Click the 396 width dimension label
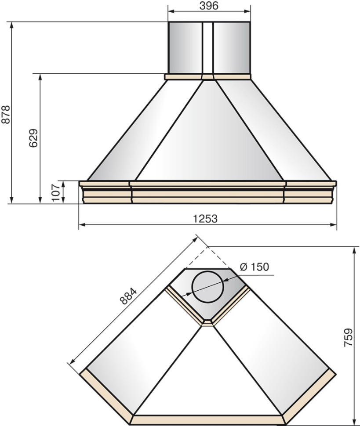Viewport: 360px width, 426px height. (x=209, y=5)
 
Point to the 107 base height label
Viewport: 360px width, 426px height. (x=56, y=193)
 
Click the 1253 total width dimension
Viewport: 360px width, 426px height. (x=205, y=218)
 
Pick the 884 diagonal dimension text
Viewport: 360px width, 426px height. (x=128, y=296)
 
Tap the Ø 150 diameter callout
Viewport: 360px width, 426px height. (x=255, y=267)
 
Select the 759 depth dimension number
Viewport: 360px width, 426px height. (x=348, y=337)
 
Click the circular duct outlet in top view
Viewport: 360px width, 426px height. (x=208, y=286)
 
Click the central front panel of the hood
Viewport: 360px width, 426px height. (x=209, y=136)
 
